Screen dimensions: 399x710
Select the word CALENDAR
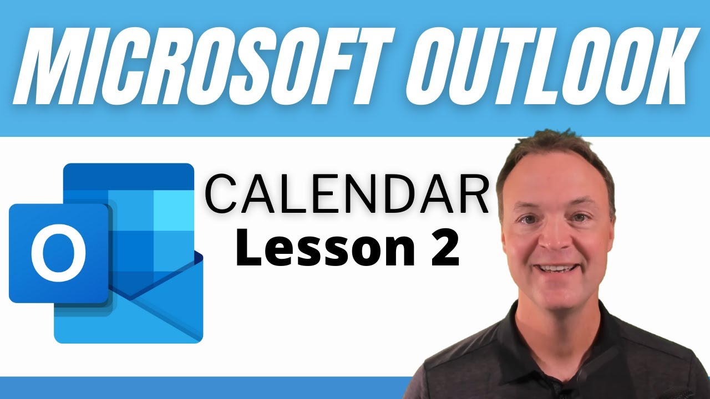coord(347,193)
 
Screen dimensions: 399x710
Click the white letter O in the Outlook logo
coord(58,253)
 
